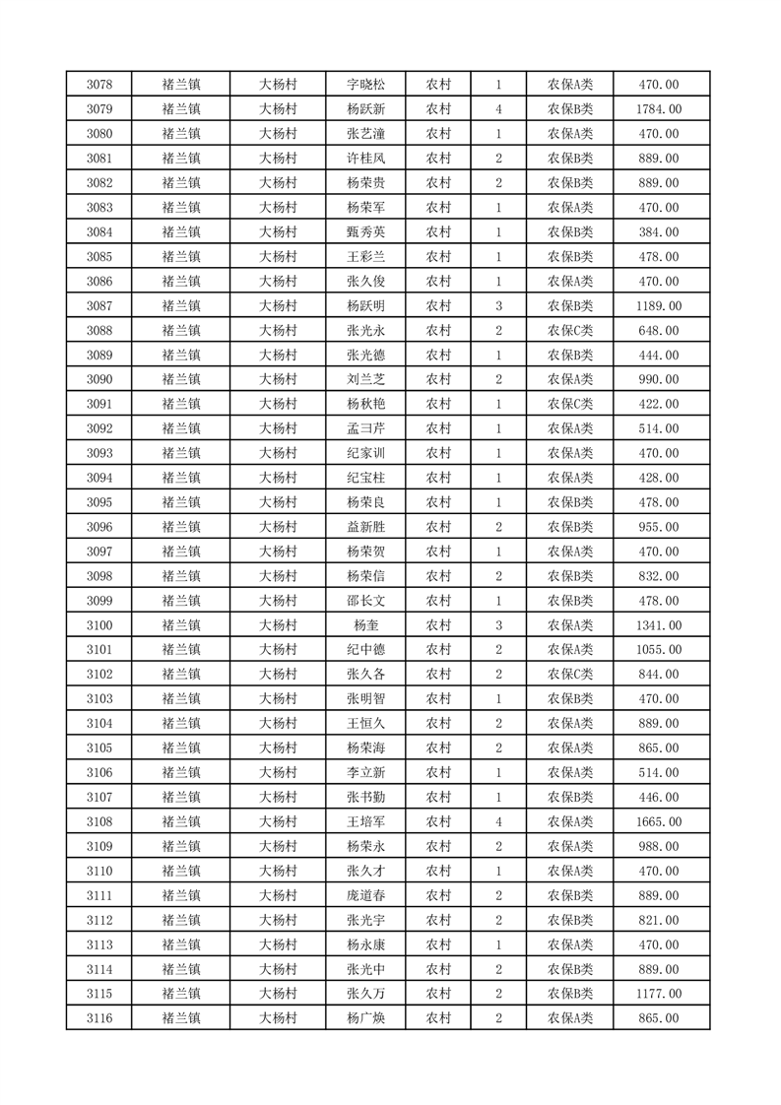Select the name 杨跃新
(x=365, y=109)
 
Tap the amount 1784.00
(x=659, y=109)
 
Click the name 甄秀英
(x=365, y=232)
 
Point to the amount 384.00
(x=659, y=232)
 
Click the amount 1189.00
(x=659, y=306)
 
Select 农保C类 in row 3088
(x=570, y=331)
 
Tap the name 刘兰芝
(x=365, y=380)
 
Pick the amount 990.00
(x=659, y=380)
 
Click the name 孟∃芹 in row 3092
(x=365, y=428)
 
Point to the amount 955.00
(x=659, y=527)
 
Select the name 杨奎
(x=365, y=625)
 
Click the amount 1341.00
(x=659, y=625)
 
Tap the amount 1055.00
(x=659, y=650)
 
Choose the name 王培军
(x=365, y=822)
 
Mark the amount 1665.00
(x=659, y=822)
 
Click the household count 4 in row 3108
(x=499, y=822)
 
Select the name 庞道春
(x=365, y=896)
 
